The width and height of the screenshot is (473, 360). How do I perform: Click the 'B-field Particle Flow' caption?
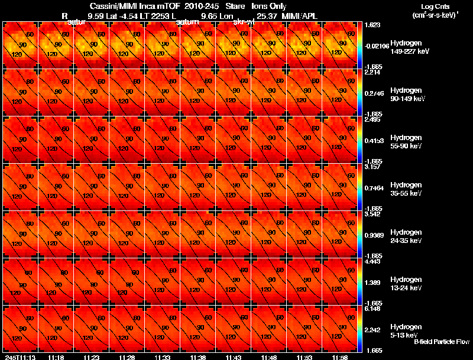(441, 342)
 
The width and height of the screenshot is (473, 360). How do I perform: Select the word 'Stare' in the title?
(235, 6)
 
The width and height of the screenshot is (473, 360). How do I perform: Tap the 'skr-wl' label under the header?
(244, 22)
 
